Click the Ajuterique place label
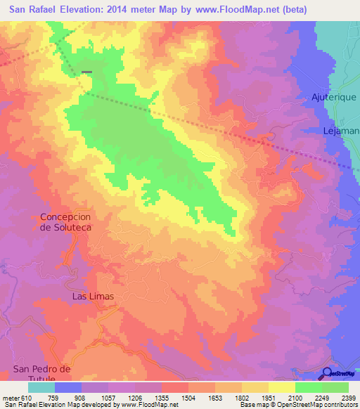coord(335,96)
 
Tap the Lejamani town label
coord(342,131)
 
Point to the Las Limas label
coord(93,297)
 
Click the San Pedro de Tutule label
coord(43,374)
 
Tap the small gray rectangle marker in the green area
coord(86,72)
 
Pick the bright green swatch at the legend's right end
coord(335,387)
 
